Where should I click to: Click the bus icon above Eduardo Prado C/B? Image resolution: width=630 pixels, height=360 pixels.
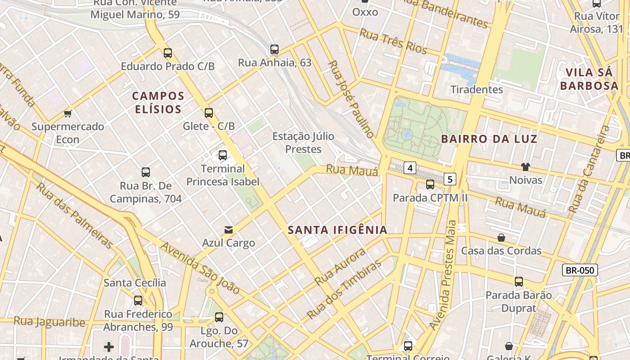pos(168,53)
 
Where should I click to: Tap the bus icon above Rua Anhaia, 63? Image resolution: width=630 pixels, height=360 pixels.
pos(274,49)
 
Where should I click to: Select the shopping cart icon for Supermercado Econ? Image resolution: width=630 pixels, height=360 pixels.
pos(68,113)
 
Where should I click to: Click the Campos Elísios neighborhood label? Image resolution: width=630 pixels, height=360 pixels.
pos(158,102)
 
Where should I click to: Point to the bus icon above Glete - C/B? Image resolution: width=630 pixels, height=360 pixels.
pos(208,112)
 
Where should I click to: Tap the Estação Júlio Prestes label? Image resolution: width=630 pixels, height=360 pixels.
pos(303,142)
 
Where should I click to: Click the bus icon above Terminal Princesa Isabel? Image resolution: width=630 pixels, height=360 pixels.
pos(223,155)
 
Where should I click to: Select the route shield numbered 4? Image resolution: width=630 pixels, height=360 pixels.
pos(409,168)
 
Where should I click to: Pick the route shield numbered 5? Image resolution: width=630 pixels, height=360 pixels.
pos(450,179)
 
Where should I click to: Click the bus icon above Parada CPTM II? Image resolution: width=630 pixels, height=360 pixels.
pos(430,184)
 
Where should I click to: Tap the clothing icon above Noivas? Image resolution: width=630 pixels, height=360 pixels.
pos(525,167)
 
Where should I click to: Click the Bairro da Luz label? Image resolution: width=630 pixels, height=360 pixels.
pos(489,139)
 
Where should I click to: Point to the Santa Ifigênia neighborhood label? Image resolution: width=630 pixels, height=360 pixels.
pos(337,230)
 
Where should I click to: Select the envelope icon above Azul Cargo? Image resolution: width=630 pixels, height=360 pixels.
pos(229,230)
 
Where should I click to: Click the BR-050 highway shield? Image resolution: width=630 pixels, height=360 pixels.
pos(580,270)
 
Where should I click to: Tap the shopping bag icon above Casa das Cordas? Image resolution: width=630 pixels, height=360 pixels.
pos(501,237)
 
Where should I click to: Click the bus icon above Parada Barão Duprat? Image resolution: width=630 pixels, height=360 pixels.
pos(519,282)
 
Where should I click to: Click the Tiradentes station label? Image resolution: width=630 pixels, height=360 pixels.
pos(477,89)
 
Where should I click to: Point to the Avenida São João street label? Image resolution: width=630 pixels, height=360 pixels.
pos(200,268)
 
